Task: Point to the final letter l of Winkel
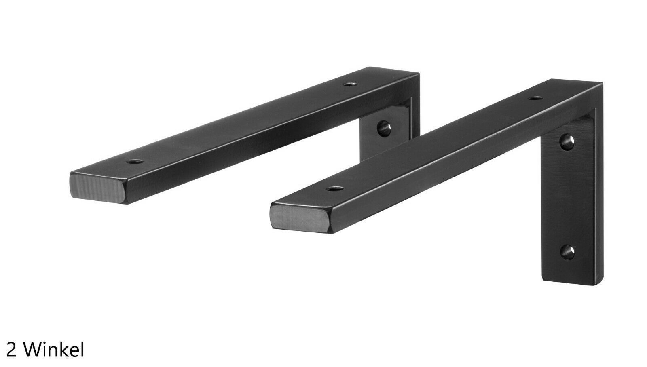pos(82,349)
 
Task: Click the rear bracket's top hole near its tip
pos(135,162)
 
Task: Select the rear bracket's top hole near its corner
pos(350,84)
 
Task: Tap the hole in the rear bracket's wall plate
pos(384,129)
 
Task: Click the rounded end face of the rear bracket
pos(98,188)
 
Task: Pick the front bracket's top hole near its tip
pos(335,189)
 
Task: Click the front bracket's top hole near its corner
pos(535,98)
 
